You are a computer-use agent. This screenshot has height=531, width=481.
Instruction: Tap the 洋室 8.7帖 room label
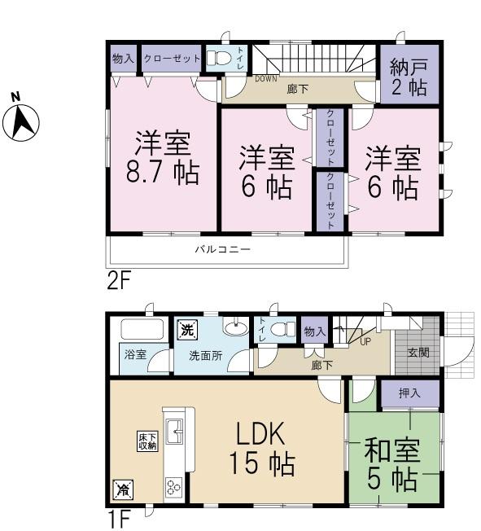162,159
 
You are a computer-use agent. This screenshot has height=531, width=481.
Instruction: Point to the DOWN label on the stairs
266,79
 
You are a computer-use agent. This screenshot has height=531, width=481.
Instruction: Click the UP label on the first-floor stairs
365,340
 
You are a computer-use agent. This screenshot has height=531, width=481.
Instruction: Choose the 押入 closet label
409,393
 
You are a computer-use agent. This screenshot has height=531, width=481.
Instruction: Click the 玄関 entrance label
418,352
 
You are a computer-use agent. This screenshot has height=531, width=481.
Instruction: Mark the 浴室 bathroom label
135,355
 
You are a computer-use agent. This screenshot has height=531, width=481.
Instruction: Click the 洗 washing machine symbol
187,331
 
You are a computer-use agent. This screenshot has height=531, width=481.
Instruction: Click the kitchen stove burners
173,487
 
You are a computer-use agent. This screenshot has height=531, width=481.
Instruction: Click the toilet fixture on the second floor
217,58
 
